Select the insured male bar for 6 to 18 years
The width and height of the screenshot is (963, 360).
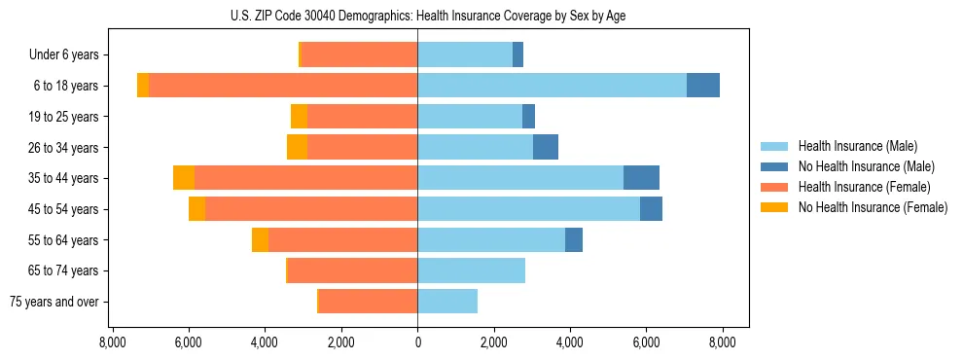pyautogui.click(x=552, y=86)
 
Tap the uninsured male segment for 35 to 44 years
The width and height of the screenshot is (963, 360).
pyautogui.click(x=641, y=178)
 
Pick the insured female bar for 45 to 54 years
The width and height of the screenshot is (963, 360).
pyautogui.click(x=311, y=209)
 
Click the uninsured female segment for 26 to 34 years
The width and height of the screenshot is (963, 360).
pyautogui.click(x=297, y=147)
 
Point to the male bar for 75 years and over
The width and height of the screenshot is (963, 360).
pyautogui.click(x=447, y=302)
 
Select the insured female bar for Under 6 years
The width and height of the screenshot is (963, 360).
pyautogui.click(x=359, y=54)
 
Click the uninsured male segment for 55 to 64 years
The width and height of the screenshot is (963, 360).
pyautogui.click(x=574, y=240)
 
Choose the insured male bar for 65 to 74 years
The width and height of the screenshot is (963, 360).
pyautogui.click(x=471, y=270)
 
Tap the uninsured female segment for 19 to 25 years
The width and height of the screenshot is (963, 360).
pyautogui.click(x=299, y=117)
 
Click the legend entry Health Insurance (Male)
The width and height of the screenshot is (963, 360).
pyautogui.click(x=857, y=146)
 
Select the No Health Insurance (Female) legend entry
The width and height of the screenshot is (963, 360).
pyautogui.click(x=873, y=207)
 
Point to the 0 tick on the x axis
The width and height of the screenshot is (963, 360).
pyautogui.click(x=417, y=342)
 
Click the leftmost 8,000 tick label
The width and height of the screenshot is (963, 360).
pyautogui.click(x=113, y=342)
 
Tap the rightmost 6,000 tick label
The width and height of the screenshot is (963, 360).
pyautogui.click(x=646, y=342)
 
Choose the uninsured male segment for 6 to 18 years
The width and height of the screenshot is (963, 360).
pyautogui.click(x=703, y=86)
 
